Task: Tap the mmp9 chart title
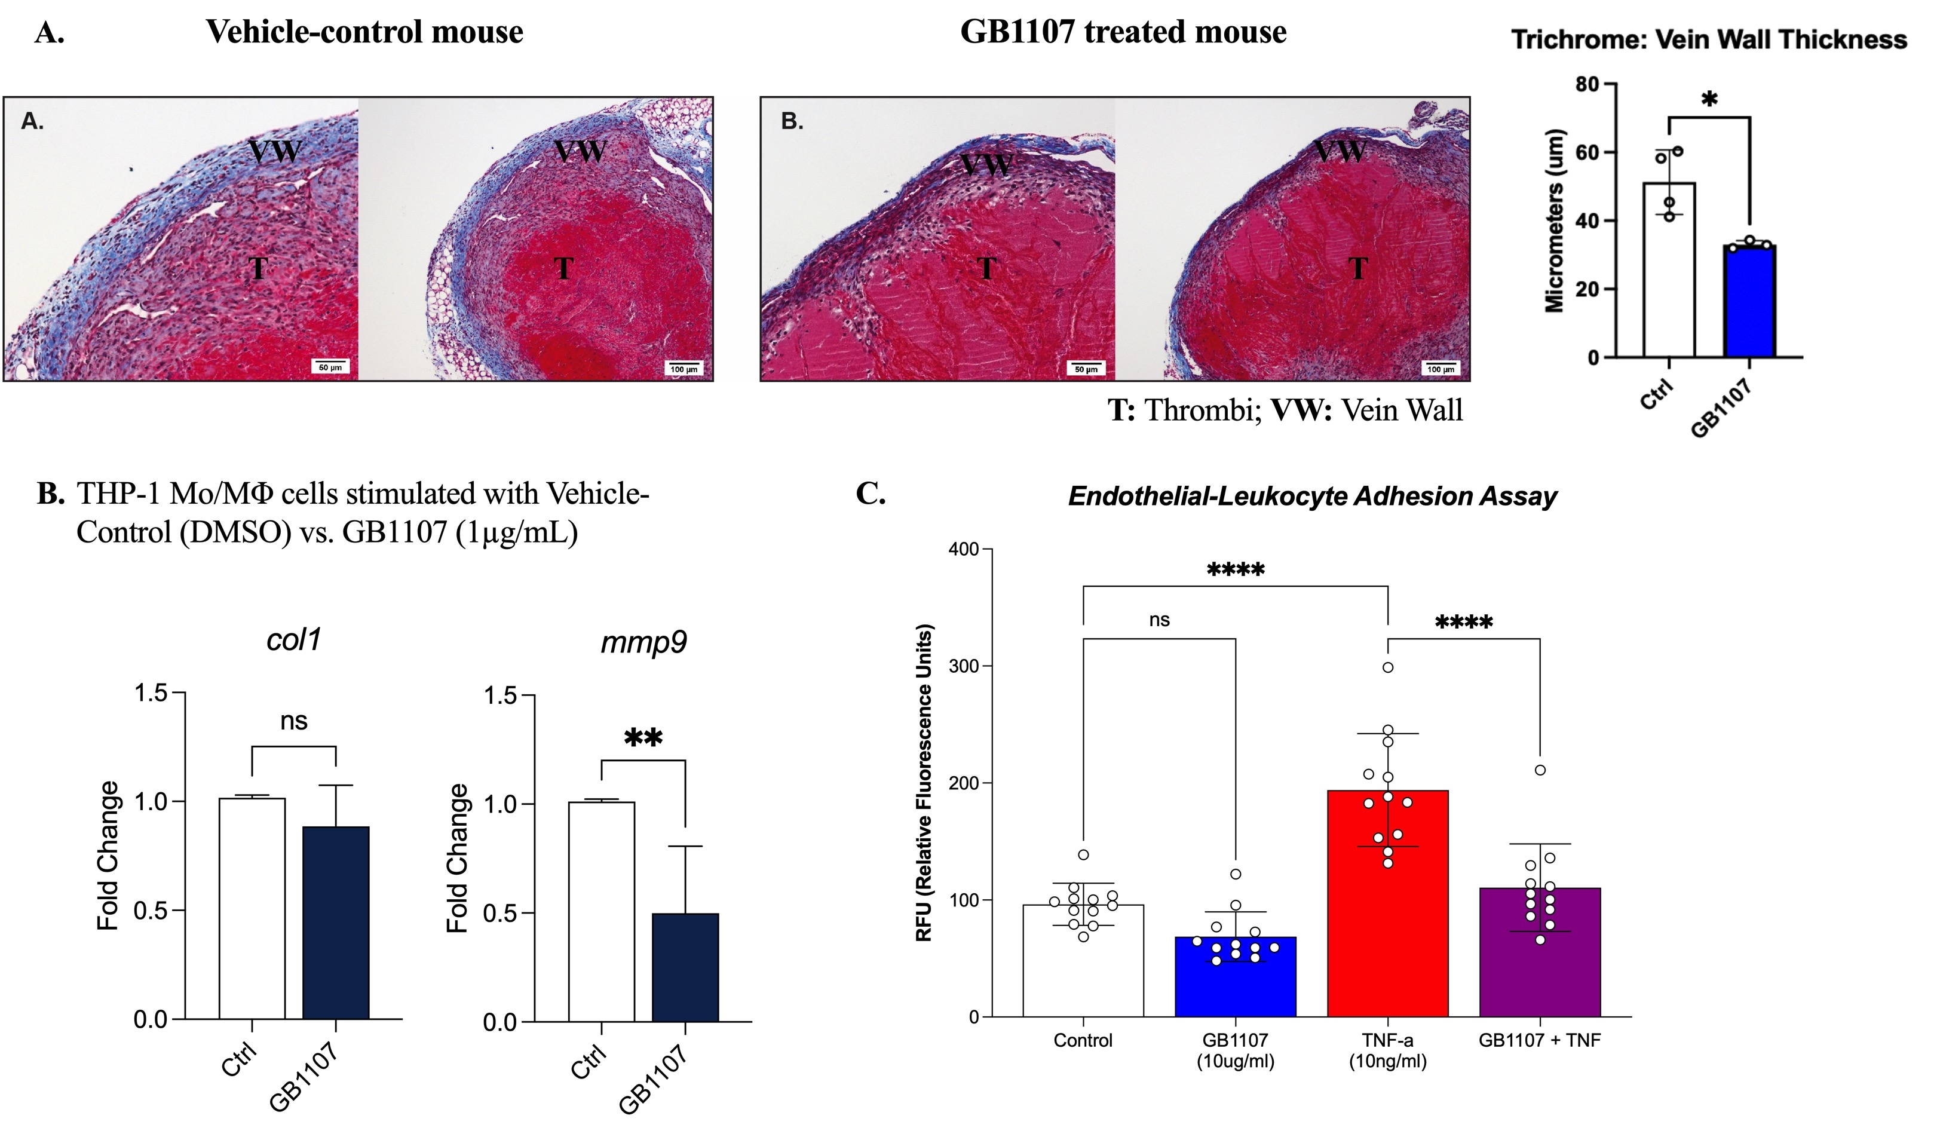pyautogui.click(x=643, y=642)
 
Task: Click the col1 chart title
pyautogui.click(x=293, y=639)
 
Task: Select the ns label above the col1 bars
pyautogui.click(x=293, y=722)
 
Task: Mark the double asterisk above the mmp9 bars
pyautogui.click(x=643, y=738)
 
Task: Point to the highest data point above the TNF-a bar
pyautogui.click(x=1388, y=667)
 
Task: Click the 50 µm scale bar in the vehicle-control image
pyautogui.click(x=330, y=366)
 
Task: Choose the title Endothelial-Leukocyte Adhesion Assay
pyautogui.click(x=1311, y=496)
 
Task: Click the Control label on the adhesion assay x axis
pyautogui.click(x=1083, y=1041)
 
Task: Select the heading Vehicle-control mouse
pyautogui.click(x=364, y=32)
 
